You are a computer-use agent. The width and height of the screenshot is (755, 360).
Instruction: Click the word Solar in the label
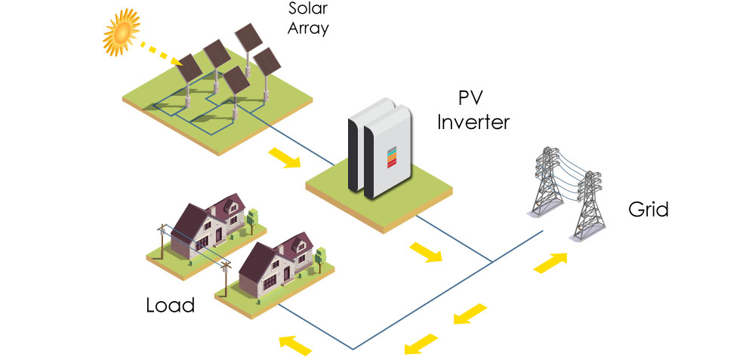point(306,9)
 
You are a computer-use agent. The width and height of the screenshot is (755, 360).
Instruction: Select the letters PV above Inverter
point(472,98)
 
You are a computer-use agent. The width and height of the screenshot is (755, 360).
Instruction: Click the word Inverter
point(473,121)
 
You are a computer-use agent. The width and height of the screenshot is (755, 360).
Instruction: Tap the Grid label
point(648,209)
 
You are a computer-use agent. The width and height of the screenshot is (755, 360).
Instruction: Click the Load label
point(170,306)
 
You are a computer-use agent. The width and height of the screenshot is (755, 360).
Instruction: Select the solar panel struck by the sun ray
point(190,69)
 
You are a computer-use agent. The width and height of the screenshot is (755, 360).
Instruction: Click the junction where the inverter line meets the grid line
point(492,262)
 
